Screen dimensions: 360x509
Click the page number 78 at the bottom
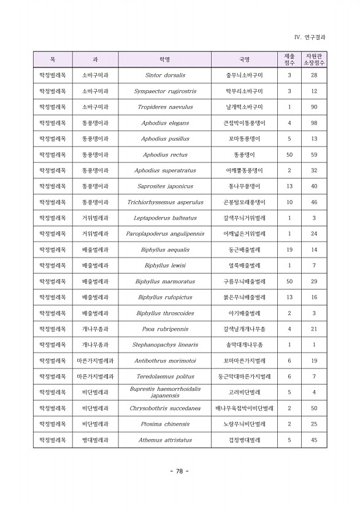coord(180,472)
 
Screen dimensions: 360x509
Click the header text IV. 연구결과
coord(310,37)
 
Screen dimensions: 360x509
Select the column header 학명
coord(164,59)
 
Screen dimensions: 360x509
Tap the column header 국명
coord(244,59)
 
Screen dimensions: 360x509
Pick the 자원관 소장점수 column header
coord(314,59)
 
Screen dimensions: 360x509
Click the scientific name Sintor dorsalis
coord(164,75)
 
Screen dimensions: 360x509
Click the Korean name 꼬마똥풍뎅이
coord(244,139)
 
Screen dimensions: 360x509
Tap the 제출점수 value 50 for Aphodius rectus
coord(289,155)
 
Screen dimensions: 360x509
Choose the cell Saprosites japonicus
coord(164,186)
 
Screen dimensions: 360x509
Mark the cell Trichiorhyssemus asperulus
coord(164,202)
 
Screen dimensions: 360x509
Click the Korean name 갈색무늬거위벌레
coord(244,218)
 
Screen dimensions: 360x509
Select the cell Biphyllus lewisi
coord(164,266)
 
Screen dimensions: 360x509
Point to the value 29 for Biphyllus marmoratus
coord(314,281)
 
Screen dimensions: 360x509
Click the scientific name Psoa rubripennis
coord(164,329)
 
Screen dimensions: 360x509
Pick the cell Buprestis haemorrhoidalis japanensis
coord(164,392)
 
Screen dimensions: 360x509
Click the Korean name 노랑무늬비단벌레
coord(244,424)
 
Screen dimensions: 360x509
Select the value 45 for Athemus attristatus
coord(314,440)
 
